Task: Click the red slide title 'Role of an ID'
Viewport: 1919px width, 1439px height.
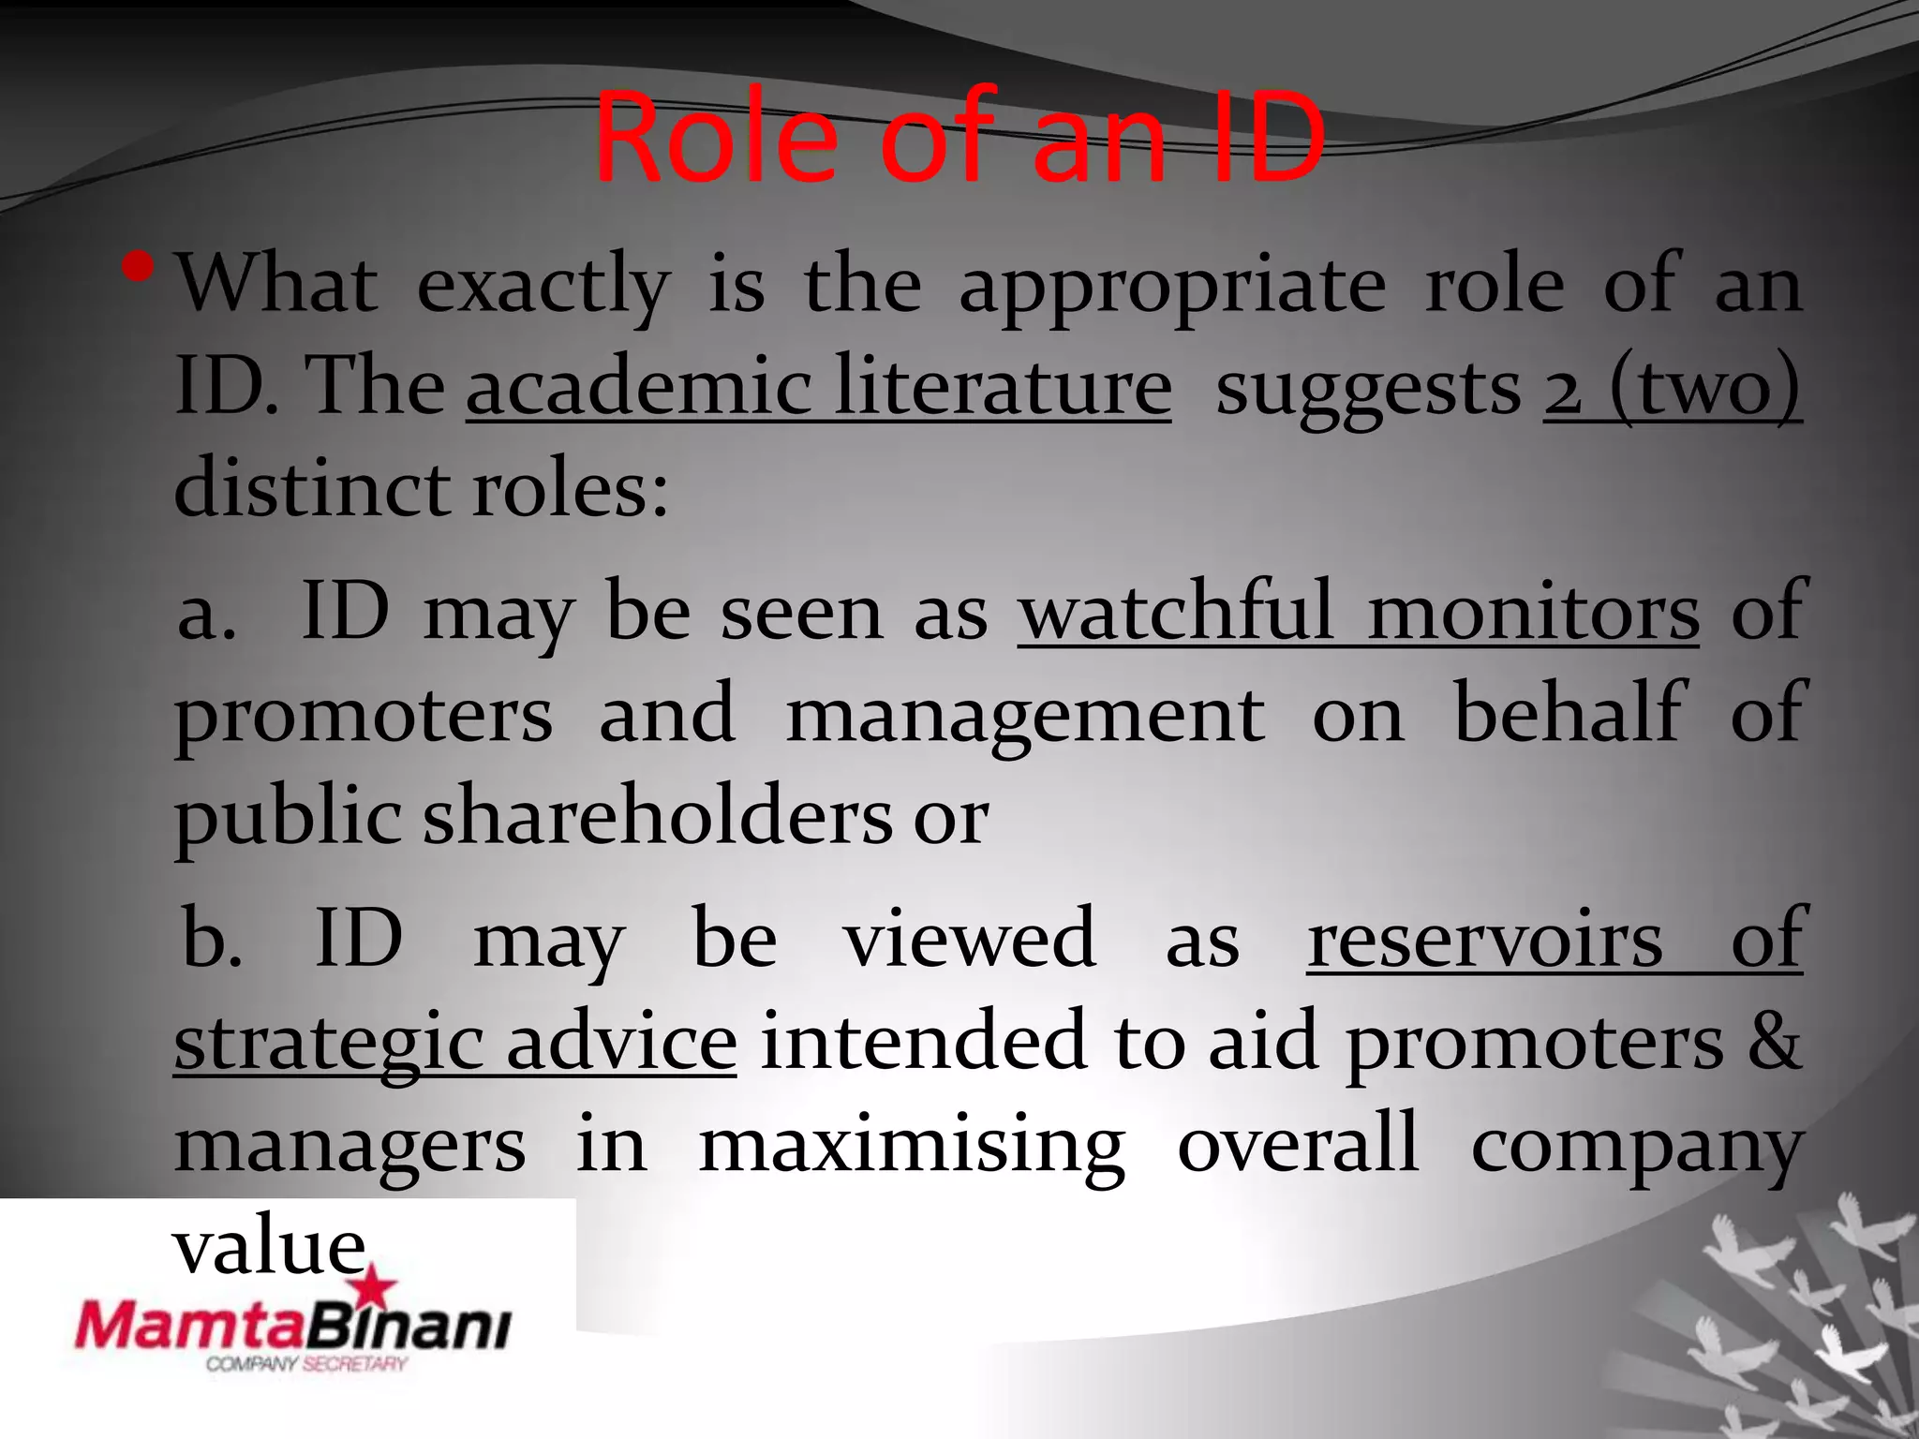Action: pyautogui.click(x=959, y=139)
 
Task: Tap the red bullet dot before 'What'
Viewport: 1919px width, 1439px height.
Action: pyautogui.click(x=137, y=269)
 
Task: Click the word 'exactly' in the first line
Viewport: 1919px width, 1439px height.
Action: pyautogui.click(x=543, y=285)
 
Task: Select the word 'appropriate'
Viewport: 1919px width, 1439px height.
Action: pyautogui.click(x=1172, y=285)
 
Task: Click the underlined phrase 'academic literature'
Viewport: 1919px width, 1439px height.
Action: pyautogui.click(x=818, y=387)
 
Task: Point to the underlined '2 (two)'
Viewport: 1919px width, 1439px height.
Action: pyautogui.click(x=1673, y=387)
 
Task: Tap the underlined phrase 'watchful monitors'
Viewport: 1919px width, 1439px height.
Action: pyautogui.click(x=1358, y=612)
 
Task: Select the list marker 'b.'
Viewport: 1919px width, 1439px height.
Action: pyautogui.click(x=213, y=939)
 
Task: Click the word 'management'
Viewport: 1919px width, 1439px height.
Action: pyautogui.click(x=1025, y=715)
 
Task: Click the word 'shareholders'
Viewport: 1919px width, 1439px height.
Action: pyautogui.click(x=657, y=816)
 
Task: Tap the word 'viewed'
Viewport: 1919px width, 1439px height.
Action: pyautogui.click(x=970, y=938)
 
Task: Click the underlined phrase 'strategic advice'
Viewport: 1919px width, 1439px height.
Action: pyautogui.click(x=455, y=1042)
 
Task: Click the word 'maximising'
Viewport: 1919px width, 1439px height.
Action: pyautogui.click(x=912, y=1144)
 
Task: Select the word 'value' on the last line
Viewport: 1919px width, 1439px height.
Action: pyautogui.click(x=269, y=1246)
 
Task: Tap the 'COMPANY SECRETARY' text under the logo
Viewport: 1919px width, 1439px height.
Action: pyautogui.click(x=306, y=1364)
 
